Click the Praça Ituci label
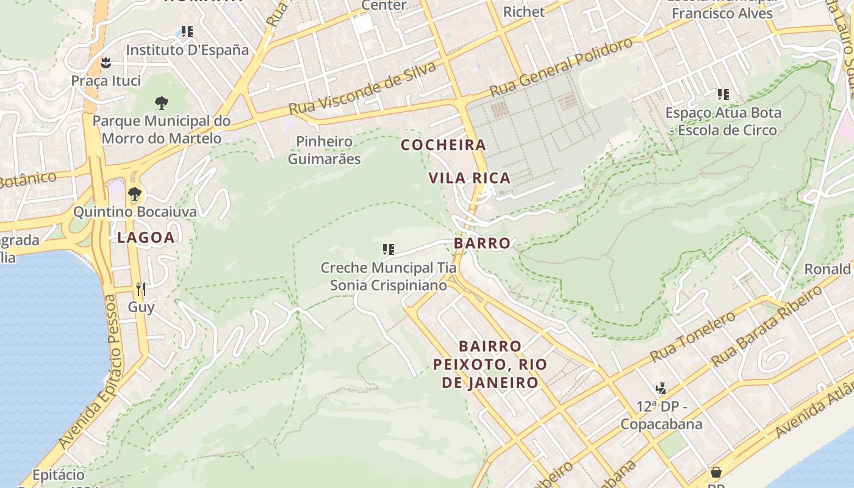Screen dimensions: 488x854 tap(106, 81)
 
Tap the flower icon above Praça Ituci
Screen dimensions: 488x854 tap(106, 62)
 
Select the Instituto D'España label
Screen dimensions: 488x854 tap(187, 50)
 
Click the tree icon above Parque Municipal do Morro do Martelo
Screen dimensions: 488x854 tap(161, 102)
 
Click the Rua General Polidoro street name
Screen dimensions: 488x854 tap(561, 67)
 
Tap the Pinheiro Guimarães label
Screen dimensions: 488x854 tap(324, 150)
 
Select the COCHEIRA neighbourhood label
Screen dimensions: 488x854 tap(443, 145)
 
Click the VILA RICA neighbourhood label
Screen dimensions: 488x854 tap(469, 178)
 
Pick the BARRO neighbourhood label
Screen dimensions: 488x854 tap(482, 243)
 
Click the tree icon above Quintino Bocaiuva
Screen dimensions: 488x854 tap(135, 194)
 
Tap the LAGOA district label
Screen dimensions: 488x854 tap(146, 238)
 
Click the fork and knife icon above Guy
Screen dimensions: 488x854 tap(141, 289)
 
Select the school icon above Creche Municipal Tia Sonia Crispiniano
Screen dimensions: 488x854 tap(388, 249)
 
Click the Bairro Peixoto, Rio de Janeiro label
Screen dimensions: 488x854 tap(490, 365)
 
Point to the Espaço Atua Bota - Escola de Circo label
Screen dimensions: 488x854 tap(723, 121)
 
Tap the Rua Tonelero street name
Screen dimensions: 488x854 tap(692, 337)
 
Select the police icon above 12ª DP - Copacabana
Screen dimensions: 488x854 tap(661, 388)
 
